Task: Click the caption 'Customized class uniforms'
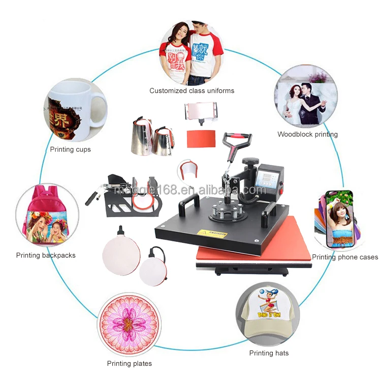pos(192,90)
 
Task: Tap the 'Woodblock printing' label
pos(307,135)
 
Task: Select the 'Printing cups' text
pos(70,149)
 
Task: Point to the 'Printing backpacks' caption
pos(46,255)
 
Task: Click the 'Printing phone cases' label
pos(344,257)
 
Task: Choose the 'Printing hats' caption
pos(269,353)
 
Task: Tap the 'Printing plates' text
pos(129,363)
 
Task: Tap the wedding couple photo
pos(305,97)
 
